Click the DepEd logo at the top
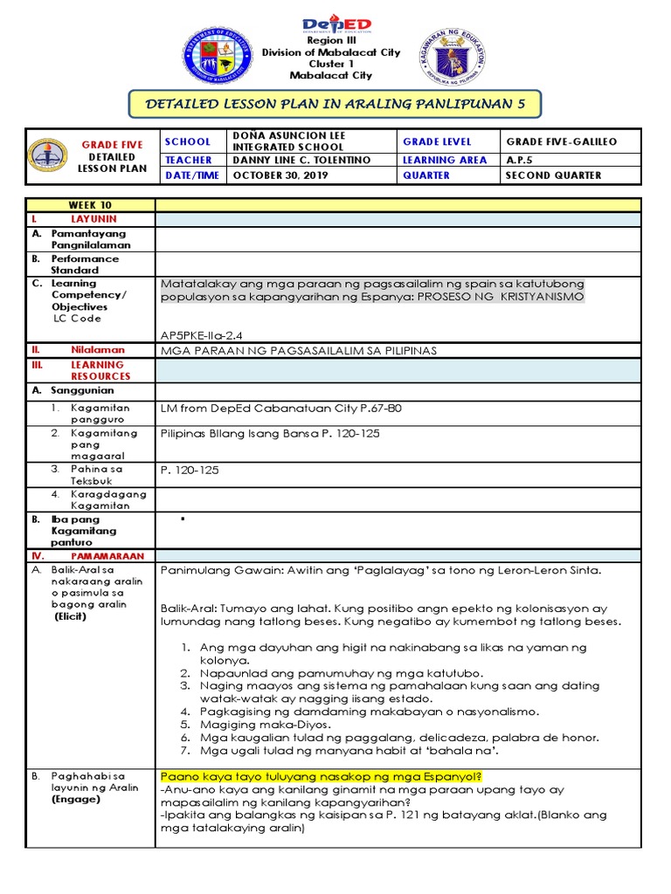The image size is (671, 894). [x=336, y=24]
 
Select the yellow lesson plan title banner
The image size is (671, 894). [x=335, y=104]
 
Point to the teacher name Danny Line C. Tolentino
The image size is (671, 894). [x=301, y=160]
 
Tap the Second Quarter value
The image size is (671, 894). [x=553, y=175]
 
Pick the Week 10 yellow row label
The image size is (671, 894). [x=90, y=205]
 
